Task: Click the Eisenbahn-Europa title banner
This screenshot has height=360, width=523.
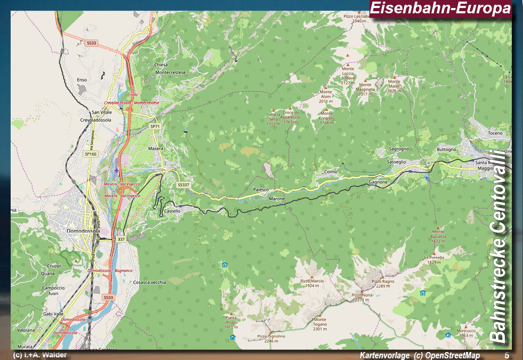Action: coord(440,9)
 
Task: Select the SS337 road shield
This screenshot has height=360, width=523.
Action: coord(183,185)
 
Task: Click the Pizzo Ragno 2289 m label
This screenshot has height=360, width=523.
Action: coord(383,283)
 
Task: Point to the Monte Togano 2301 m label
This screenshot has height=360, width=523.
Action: coord(320,324)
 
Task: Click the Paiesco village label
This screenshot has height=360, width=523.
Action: coord(261,190)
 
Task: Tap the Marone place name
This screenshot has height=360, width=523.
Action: coord(277,199)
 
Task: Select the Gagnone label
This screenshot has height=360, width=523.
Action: coord(377,182)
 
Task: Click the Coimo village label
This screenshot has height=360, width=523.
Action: coord(331,172)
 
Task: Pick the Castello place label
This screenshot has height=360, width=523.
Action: coord(172,211)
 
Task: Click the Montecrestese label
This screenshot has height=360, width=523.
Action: coord(168,72)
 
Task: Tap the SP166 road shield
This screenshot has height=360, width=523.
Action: coord(90,154)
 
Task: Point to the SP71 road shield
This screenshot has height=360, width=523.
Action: coord(155,126)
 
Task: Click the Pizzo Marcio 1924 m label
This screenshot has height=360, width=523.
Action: coord(312,283)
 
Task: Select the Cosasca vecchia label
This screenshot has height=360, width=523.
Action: coord(150,282)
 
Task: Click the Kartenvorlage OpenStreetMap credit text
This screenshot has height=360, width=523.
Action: coord(420,356)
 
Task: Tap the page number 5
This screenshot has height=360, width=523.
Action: coord(506,355)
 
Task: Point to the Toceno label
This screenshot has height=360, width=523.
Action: coord(495,133)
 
